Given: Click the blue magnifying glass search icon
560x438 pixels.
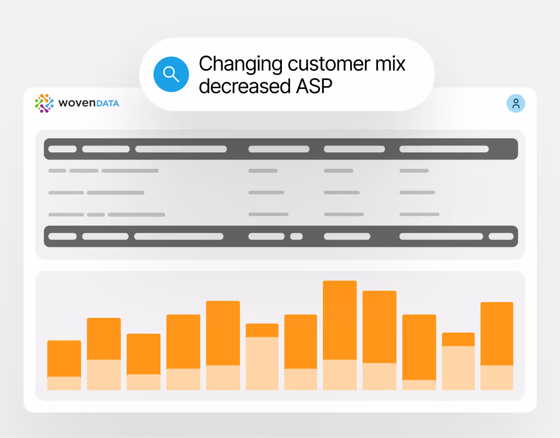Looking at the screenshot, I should click(x=171, y=74).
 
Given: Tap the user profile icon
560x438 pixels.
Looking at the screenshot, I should click(x=516, y=104).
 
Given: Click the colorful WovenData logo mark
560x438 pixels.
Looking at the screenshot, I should click(x=44, y=104).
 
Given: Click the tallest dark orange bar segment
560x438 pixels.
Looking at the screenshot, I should click(x=340, y=320).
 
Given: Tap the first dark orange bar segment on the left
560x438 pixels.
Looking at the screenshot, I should click(x=64, y=358).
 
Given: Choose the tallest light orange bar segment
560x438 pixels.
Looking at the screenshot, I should click(x=262, y=363).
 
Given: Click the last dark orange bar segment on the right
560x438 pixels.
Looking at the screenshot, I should click(x=496, y=333).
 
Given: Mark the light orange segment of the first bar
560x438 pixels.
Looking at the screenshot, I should click(x=64, y=383).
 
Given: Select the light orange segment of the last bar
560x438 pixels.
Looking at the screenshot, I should click(x=496, y=377).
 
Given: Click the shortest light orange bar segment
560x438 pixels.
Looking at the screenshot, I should click(x=419, y=385).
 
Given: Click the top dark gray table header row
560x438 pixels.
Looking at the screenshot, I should click(x=280, y=149).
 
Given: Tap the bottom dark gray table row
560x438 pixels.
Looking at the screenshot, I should click(x=280, y=236).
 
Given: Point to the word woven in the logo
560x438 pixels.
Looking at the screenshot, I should click(x=77, y=104).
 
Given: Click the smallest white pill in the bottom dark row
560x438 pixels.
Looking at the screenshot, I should click(x=296, y=236).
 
